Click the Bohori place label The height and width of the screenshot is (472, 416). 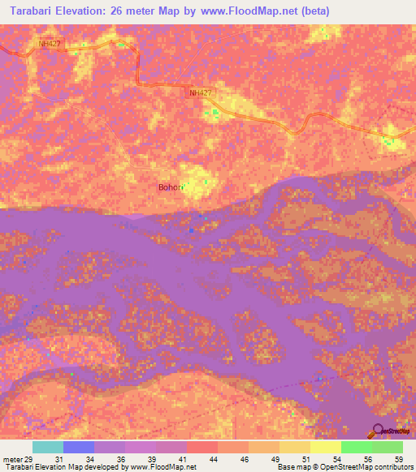[171, 187]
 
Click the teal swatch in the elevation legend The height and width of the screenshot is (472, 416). [48, 447]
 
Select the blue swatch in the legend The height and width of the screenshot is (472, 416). [79, 447]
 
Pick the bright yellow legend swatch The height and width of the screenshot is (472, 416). [326, 447]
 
